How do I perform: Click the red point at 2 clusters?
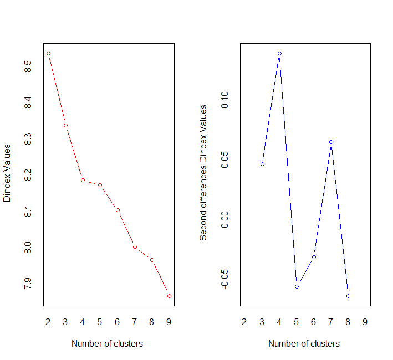tap(48, 53)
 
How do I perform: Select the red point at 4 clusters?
tap(83, 180)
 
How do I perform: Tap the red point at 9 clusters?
tap(169, 296)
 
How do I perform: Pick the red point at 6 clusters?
tap(118, 210)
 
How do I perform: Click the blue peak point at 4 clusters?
tap(279, 53)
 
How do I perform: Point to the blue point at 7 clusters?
tap(331, 142)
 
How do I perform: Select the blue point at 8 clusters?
tap(348, 296)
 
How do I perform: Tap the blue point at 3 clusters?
tap(262, 164)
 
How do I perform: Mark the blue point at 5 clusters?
tap(297, 286)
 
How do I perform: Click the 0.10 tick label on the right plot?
tap(224, 100)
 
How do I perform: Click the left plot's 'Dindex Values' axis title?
tap(8, 173)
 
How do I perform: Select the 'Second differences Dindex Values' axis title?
tap(203, 173)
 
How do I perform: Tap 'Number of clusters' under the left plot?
tap(107, 343)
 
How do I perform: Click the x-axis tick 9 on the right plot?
tap(365, 322)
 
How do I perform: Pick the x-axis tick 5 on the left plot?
tap(100, 322)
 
